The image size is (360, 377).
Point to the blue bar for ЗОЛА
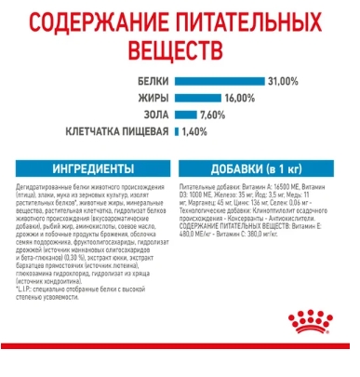tap(184, 114)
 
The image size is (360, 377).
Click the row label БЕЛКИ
tap(153, 82)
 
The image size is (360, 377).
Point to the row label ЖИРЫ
tap(153, 98)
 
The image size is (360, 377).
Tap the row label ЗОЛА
tap(155, 114)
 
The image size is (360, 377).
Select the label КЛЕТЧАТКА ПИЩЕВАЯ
tap(117, 131)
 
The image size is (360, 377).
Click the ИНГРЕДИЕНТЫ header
tap(93, 168)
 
